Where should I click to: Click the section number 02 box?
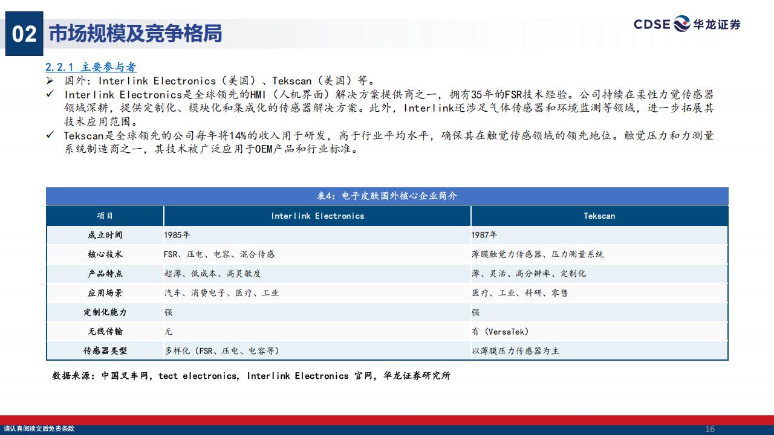tap(24, 33)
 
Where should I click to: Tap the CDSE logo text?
tap(652, 25)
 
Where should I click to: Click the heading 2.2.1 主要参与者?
tap(91, 66)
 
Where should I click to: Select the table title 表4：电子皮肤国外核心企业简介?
tap(387, 196)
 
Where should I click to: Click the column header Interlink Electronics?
tap(317, 216)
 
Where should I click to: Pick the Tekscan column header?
tap(599, 216)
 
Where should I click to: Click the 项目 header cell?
tap(105, 216)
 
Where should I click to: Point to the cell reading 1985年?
tap(177, 235)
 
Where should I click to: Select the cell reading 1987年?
tap(484, 235)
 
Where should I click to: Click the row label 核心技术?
tap(105, 254)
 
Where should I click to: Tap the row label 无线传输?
tap(105, 332)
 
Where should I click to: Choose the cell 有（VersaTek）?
tap(500, 332)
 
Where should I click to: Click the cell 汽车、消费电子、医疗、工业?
tap(221, 293)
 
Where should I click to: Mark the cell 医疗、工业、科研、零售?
tap(519, 293)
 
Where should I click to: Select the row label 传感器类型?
tap(105, 351)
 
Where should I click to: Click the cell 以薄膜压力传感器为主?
tap(516, 351)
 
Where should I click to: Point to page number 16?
tap(710, 429)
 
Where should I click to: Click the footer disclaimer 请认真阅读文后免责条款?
tap(39, 429)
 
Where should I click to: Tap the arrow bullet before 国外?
tap(50, 81)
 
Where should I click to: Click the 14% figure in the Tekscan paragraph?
tap(238, 136)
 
